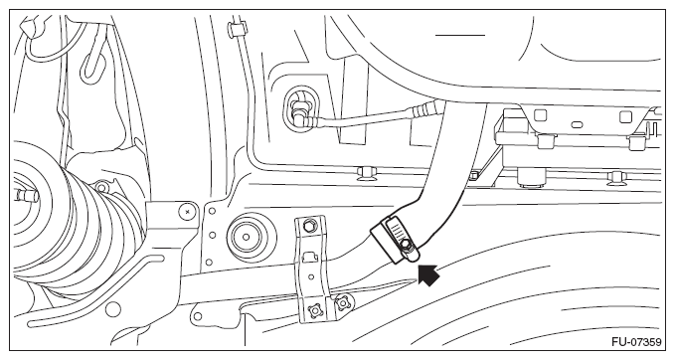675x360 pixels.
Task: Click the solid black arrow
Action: (x=428, y=275)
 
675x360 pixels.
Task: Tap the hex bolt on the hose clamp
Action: (x=406, y=246)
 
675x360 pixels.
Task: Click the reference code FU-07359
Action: (x=636, y=342)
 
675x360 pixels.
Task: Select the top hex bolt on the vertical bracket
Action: (x=308, y=225)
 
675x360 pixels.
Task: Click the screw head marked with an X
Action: (x=187, y=211)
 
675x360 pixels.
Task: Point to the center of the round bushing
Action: (x=246, y=237)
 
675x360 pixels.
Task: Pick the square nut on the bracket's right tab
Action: (x=342, y=303)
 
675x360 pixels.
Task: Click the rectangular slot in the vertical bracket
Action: (x=308, y=257)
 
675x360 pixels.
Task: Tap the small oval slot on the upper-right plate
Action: (x=577, y=125)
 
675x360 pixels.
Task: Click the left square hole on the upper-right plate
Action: (x=540, y=115)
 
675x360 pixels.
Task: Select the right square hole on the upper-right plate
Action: (x=625, y=116)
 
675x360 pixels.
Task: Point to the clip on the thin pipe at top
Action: (x=237, y=29)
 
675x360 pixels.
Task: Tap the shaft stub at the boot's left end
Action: (x=26, y=196)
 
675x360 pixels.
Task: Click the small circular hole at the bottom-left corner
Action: (x=112, y=308)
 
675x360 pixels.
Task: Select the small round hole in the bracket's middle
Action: (x=311, y=276)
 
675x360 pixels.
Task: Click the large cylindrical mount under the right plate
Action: (x=530, y=176)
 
